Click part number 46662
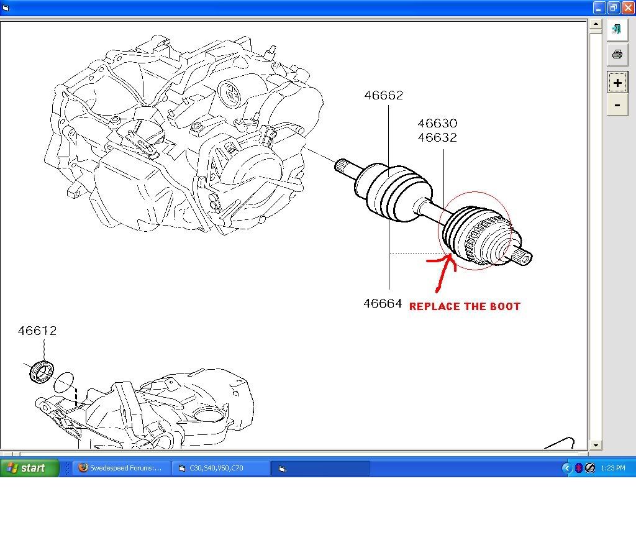pyautogui.click(x=383, y=95)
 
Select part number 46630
pyautogui.click(x=437, y=124)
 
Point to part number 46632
pyautogui.click(x=437, y=137)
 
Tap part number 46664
pyautogui.click(x=383, y=304)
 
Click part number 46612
pyautogui.click(x=37, y=331)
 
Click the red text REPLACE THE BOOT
pyautogui.click(x=465, y=306)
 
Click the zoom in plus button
pyautogui.click(x=617, y=83)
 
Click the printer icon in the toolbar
pyautogui.click(x=617, y=54)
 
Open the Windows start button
pyautogui.click(x=29, y=468)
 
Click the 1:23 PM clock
pyautogui.click(x=613, y=468)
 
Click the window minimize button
pyautogui.click(x=599, y=7)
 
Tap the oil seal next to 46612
pyautogui.click(x=42, y=371)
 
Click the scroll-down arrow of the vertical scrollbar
pyautogui.click(x=596, y=445)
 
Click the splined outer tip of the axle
pyautogui.click(x=524, y=257)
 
